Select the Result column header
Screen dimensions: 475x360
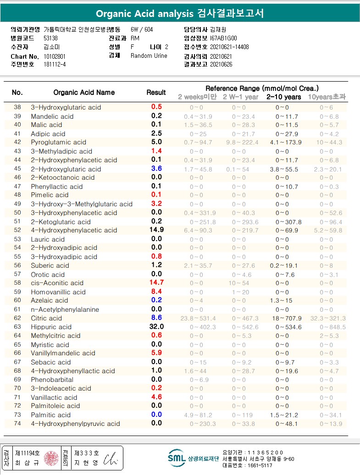tap(156, 93)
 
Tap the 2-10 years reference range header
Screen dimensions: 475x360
tap(284, 97)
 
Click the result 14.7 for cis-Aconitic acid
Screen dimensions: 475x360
tap(156, 283)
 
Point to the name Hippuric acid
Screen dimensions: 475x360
tap(51, 327)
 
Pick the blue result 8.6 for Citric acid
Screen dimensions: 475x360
tap(156, 318)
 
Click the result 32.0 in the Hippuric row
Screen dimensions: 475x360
tap(156, 327)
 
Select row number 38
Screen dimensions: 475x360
tap(17, 107)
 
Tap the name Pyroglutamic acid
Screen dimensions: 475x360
tap(59, 143)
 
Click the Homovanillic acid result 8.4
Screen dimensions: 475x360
tap(156, 292)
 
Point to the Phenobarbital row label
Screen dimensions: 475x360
tap(52, 380)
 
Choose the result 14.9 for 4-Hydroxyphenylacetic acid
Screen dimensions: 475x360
tap(156, 230)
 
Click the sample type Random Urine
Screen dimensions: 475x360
tap(149, 56)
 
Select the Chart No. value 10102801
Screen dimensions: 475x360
tap(55, 56)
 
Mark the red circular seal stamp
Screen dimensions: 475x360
tap(51, 458)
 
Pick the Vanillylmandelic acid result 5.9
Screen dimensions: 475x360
tap(156, 353)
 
